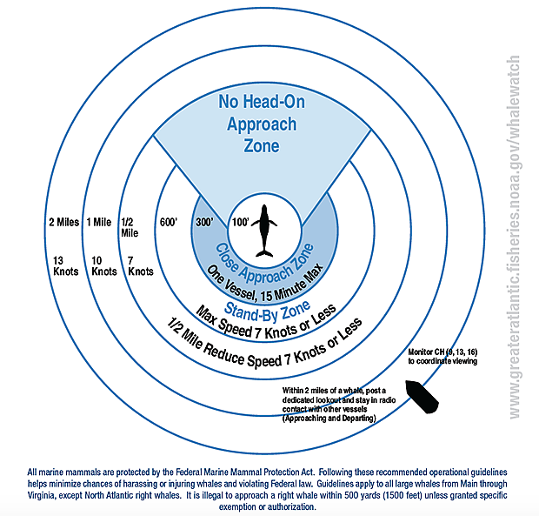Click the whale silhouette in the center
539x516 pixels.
tap(264, 231)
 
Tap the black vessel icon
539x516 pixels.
tap(422, 397)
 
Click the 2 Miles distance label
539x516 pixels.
tap(64, 222)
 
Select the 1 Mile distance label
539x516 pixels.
tap(99, 222)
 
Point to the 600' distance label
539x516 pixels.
tap(169, 222)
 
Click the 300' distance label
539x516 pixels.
tap(204, 222)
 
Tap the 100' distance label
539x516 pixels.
tap(240, 222)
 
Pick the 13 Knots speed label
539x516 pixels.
tap(66, 266)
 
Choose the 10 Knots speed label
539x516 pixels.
tap(104, 266)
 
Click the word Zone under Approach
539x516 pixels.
tap(262, 145)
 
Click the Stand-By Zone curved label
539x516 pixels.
tap(267, 312)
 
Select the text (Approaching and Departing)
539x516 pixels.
tap(329, 419)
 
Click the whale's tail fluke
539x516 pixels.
tap(264, 254)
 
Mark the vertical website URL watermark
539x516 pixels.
tap(514, 237)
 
